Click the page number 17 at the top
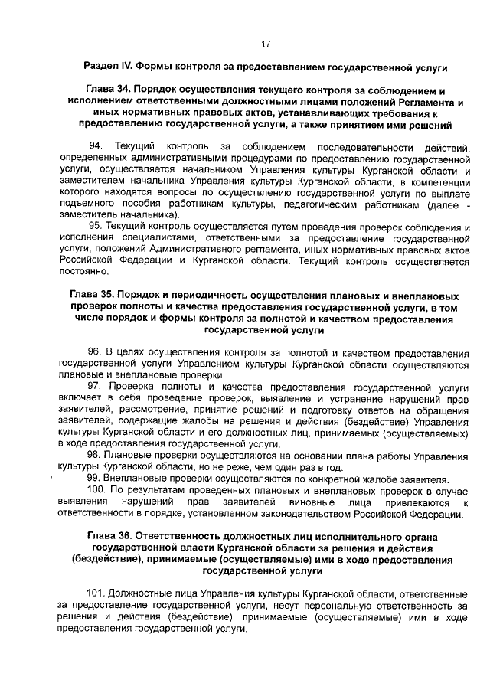pos(265,44)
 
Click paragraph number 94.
pos(96,146)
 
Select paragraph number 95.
pos(96,227)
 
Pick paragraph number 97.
pos(96,387)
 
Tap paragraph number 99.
pos(96,479)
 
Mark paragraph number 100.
pos(98,491)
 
